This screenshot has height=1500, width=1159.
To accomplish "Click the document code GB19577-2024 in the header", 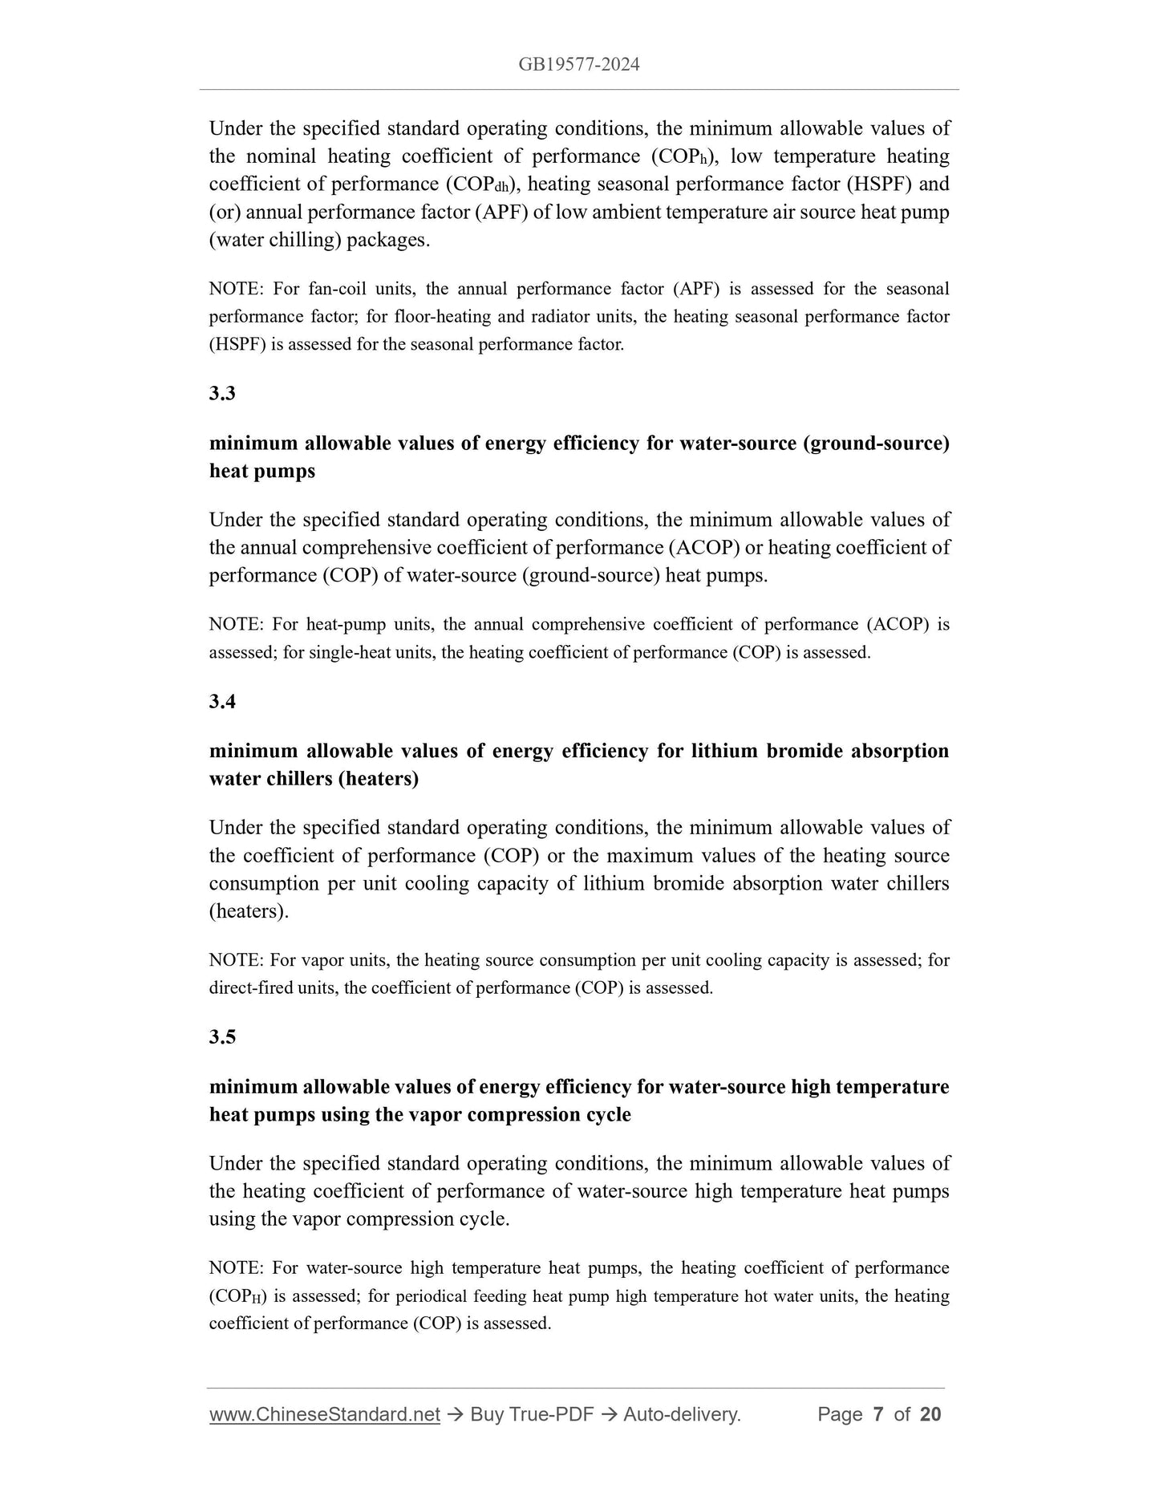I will click(x=578, y=65).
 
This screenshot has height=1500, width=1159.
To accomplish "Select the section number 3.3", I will click(x=222, y=393).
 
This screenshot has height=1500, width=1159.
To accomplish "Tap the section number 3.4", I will click(x=222, y=701).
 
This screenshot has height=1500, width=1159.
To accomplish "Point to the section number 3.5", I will click(x=222, y=1036).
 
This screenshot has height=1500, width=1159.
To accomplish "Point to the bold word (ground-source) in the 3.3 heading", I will click(x=876, y=444).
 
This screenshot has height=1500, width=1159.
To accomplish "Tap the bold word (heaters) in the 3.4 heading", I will click(x=378, y=779).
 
